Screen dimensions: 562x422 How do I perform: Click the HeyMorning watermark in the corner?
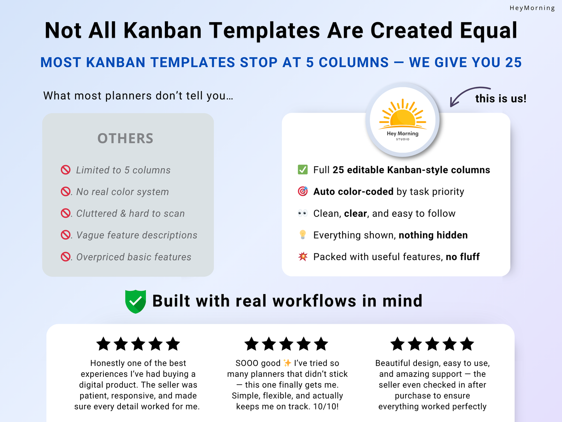pyautogui.click(x=532, y=8)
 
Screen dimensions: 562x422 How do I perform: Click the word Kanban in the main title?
pyautogui.click(x=163, y=30)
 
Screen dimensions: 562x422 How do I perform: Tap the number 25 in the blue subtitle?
pyautogui.click(x=513, y=62)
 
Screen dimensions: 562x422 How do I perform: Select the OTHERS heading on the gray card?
pyautogui.click(x=125, y=138)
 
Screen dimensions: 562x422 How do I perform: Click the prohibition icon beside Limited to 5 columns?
pyautogui.click(x=66, y=170)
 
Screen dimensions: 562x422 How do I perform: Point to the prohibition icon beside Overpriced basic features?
pyautogui.click(x=66, y=257)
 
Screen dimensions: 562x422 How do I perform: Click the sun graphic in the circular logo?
pyautogui.click(x=403, y=114)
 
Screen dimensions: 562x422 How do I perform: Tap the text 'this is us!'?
pyautogui.click(x=501, y=98)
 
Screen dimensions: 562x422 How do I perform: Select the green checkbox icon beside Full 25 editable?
pyautogui.click(x=303, y=170)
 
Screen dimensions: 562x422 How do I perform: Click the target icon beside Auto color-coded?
pyautogui.click(x=303, y=192)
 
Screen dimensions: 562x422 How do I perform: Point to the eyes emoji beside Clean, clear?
pyautogui.click(x=303, y=213)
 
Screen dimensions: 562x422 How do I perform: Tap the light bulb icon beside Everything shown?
pyautogui.click(x=303, y=235)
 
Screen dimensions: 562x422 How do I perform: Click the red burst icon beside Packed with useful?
pyautogui.click(x=303, y=256)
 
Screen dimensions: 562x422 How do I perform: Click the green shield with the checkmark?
pyautogui.click(x=135, y=302)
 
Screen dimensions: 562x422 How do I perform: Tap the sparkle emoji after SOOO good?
pyautogui.click(x=287, y=363)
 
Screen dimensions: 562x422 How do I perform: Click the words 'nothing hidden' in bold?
pyautogui.click(x=433, y=235)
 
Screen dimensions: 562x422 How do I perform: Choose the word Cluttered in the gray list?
pyautogui.click(x=97, y=213)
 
